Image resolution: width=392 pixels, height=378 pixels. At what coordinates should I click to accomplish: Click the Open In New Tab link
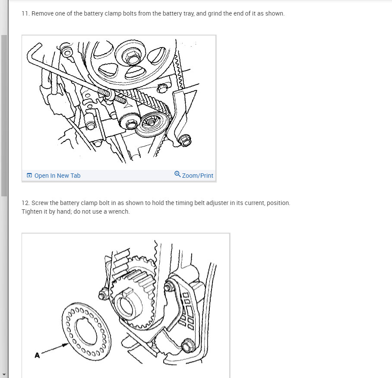pyautogui.click(x=57, y=176)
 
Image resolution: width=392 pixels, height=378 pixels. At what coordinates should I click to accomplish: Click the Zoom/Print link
pyautogui.click(x=197, y=176)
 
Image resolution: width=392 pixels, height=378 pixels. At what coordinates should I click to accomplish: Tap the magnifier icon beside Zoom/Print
pyautogui.click(x=177, y=174)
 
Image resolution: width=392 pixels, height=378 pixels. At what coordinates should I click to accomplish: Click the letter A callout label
pyautogui.click(x=37, y=355)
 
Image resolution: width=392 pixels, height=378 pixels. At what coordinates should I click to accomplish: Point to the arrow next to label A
pyautogui.click(x=55, y=349)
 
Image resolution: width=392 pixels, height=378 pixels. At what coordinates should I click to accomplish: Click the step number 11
pyautogui.click(x=25, y=13)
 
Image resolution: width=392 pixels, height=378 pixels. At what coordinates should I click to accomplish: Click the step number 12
pyautogui.click(x=26, y=203)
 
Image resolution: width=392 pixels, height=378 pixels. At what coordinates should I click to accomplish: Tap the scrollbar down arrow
pyautogui.click(x=4, y=375)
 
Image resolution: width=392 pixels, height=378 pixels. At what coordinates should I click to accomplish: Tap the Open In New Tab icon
pyautogui.click(x=29, y=175)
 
